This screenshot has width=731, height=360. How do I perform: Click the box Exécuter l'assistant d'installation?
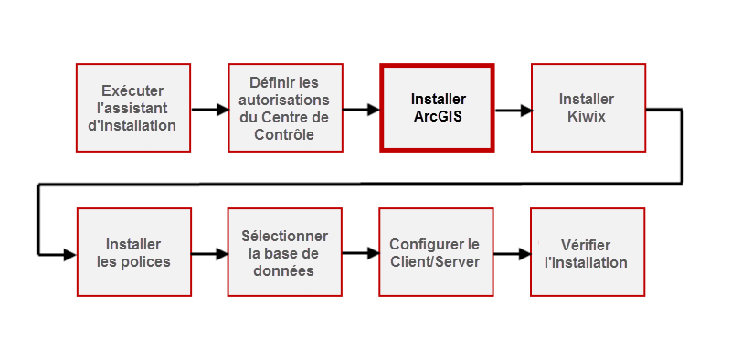pos(132,108)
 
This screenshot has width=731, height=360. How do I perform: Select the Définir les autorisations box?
pos(283,108)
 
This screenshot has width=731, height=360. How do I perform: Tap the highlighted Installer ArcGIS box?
pos(437,108)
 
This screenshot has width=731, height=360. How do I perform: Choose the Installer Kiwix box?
pos(587,108)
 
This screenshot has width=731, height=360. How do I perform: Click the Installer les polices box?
pos(132,252)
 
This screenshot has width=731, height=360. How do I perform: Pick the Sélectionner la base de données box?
pos(283,252)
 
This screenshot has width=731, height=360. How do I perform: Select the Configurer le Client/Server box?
pos(434,252)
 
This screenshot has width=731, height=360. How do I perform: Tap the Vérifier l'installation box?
pos(587,252)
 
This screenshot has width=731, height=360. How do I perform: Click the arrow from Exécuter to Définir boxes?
pos(209,110)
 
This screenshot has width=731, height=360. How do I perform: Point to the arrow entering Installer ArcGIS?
pos(362,110)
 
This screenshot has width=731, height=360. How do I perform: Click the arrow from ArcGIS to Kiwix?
pos(513,110)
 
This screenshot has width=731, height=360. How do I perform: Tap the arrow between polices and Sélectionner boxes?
pos(209,255)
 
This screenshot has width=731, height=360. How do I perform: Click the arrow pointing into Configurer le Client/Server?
pos(361,255)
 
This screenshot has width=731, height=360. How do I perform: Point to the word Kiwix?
pos(587,117)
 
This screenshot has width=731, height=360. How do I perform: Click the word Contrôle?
pos(283,134)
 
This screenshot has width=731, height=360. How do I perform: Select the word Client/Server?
pos(434,262)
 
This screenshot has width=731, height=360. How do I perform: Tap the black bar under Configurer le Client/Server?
pos(435,300)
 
